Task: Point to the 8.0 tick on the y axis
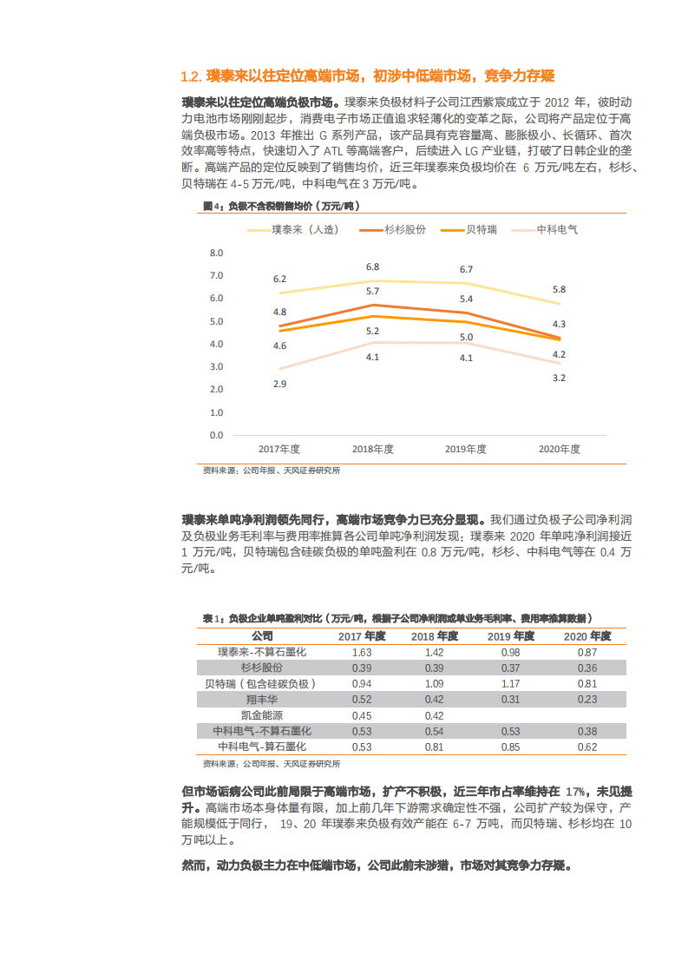click(216, 253)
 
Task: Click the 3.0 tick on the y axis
click(216, 367)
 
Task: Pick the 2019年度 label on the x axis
click(466, 449)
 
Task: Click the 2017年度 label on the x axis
click(279, 449)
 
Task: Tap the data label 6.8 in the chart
click(372, 267)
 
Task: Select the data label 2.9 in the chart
click(279, 384)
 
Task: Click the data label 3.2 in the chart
click(559, 378)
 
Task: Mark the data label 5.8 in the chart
click(559, 289)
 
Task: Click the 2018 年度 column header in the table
click(435, 636)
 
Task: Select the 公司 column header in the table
click(261, 636)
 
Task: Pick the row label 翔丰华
click(261, 699)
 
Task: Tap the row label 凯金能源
click(261, 715)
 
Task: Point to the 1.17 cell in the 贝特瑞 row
click(510, 683)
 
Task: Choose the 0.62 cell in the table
click(587, 747)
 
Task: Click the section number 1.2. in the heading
click(192, 76)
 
